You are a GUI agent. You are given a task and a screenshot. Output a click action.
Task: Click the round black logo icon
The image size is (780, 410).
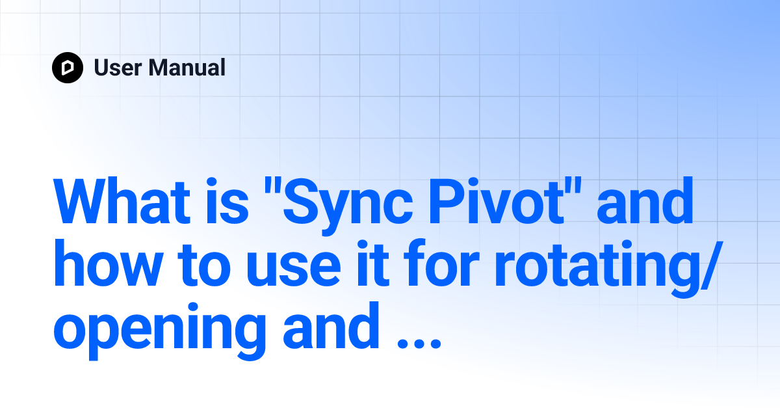68,68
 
